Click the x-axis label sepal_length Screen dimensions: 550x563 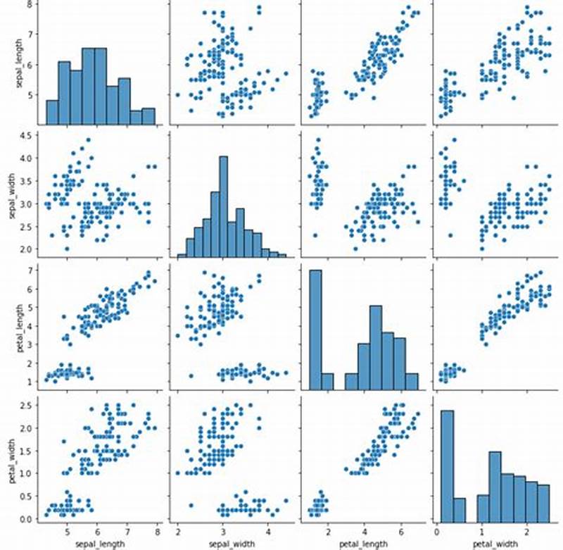[98, 542]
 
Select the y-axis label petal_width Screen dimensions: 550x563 [11, 458]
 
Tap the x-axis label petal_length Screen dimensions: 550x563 [364, 542]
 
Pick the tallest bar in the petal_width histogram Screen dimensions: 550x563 [448, 457]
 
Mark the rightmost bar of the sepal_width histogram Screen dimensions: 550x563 [281, 256]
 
